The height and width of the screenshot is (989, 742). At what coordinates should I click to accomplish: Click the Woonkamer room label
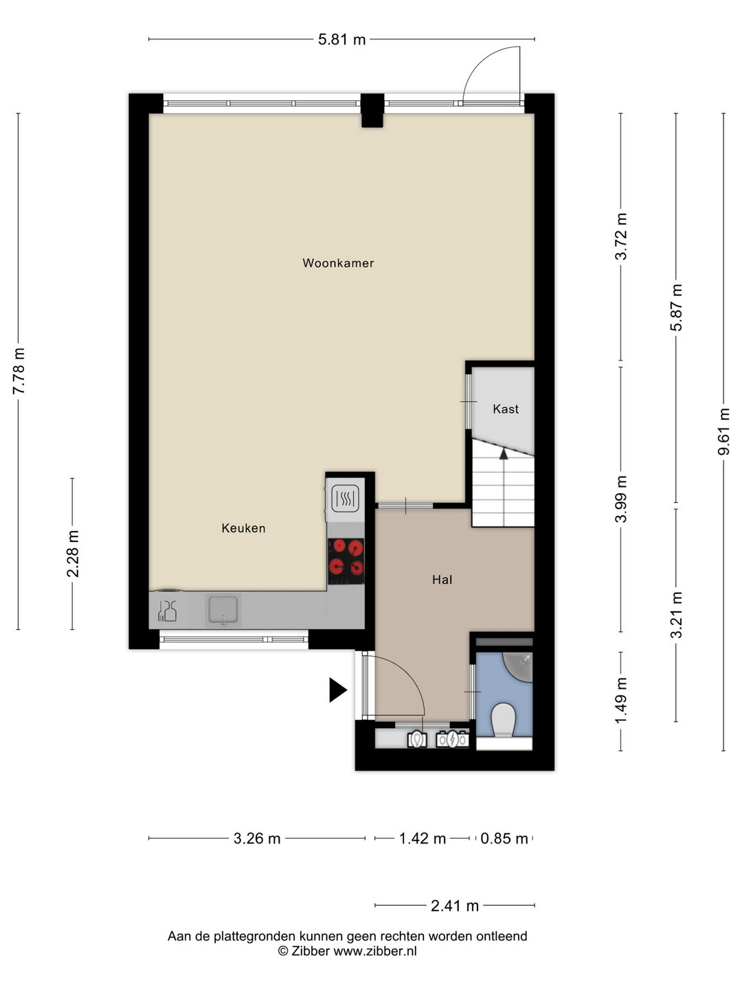pyautogui.click(x=338, y=263)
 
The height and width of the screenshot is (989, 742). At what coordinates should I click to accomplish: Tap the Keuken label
pyautogui.click(x=243, y=528)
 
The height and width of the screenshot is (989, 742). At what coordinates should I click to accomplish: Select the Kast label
pyautogui.click(x=506, y=409)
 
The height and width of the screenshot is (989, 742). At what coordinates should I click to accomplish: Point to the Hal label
pyautogui.click(x=442, y=580)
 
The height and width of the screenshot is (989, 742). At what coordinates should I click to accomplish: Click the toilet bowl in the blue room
pyautogui.click(x=503, y=720)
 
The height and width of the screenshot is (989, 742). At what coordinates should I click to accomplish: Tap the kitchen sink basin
pyautogui.click(x=223, y=610)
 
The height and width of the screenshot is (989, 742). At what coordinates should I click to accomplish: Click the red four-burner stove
pyautogui.click(x=346, y=561)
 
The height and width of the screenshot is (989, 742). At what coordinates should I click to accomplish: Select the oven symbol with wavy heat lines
pyautogui.click(x=346, y=499)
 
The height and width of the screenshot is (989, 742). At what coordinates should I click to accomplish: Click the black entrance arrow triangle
pyautogui.click(x=338, y=690)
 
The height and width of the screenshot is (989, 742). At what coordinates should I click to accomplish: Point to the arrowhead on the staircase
pyautogui.click(x=504, y=454)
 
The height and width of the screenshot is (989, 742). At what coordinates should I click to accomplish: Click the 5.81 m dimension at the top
pyautogui.click(x=341, y=40)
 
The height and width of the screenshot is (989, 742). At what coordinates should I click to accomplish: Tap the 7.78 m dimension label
pyautogui.click(x=19, y=371)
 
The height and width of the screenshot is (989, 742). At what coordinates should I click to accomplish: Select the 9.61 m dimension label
pyautogui.click(x=723, y=431)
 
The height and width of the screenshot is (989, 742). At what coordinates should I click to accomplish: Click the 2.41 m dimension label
pyautogui.click(x=455, y=906)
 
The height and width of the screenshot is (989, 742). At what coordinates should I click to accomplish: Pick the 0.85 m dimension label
pyautogui.click(x=504, y=839)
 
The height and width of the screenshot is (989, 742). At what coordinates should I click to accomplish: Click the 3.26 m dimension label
pyautogui.click(x=257, y=839)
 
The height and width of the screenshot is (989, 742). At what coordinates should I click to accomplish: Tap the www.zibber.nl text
pyautogui.click(x=375, y=951)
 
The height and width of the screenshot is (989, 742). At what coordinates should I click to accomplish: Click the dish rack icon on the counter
pyautogui.click(x=167, y=611)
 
